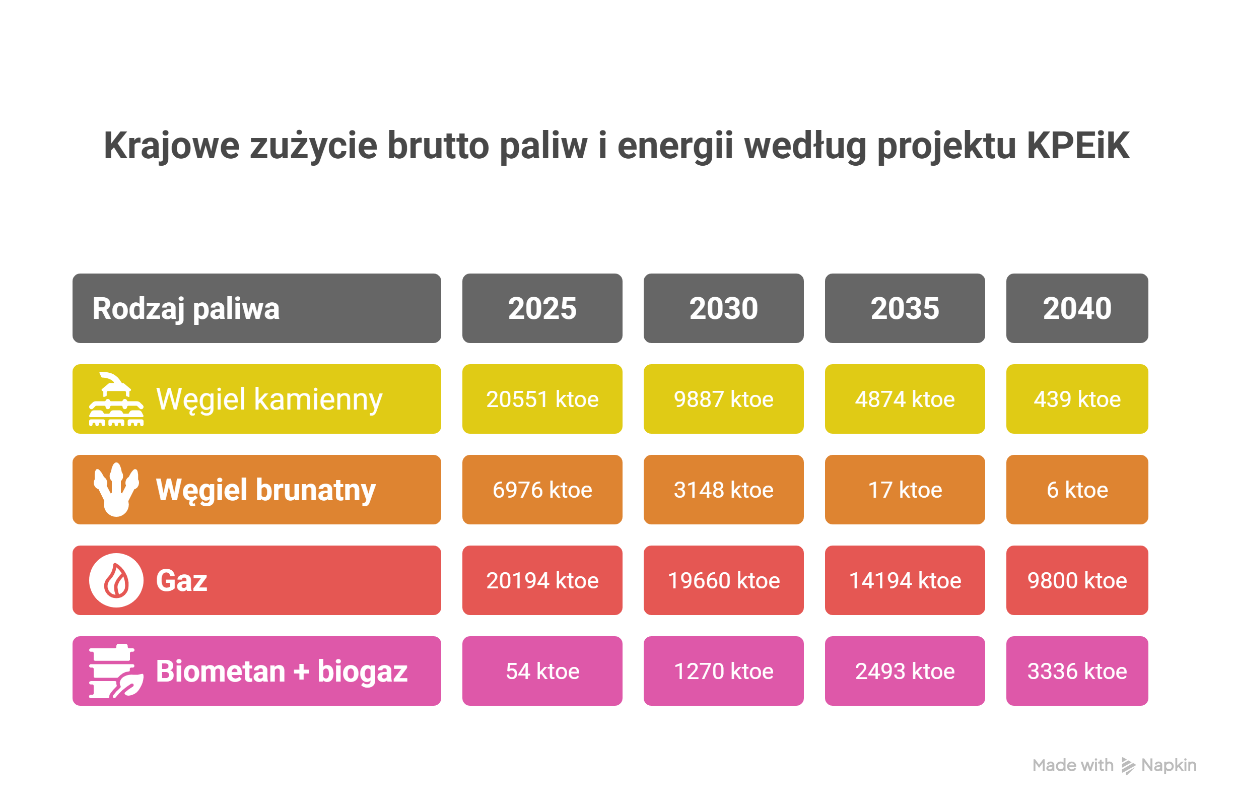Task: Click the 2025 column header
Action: [x=542, y=308]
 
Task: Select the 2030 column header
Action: [x=723, y=308]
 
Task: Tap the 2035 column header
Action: [x=905, y=308]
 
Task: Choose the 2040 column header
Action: [x=1076, y=308]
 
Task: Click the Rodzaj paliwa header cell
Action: [x=256, y=308]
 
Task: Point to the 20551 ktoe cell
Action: [x=542, y=399]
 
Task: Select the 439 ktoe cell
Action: [x=1076, y=399]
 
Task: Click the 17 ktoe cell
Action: [x=905, y=490]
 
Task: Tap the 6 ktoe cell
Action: [x=1076, y=490]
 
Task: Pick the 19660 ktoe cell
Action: [x=723, y=580]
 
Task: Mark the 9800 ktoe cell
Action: [x=1076, y=580]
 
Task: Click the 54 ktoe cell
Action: [x=542, y=671]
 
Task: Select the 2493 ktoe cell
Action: [x=905, y=671]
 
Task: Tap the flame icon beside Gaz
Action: [x=116, y=580]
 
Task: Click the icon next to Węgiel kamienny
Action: [x=116, y=399]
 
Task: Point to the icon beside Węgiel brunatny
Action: [x=116, y=490]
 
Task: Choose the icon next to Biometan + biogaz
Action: [x=116, y=671]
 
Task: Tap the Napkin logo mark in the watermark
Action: [x=1128, y=766]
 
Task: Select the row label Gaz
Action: [x=181, y=580]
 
